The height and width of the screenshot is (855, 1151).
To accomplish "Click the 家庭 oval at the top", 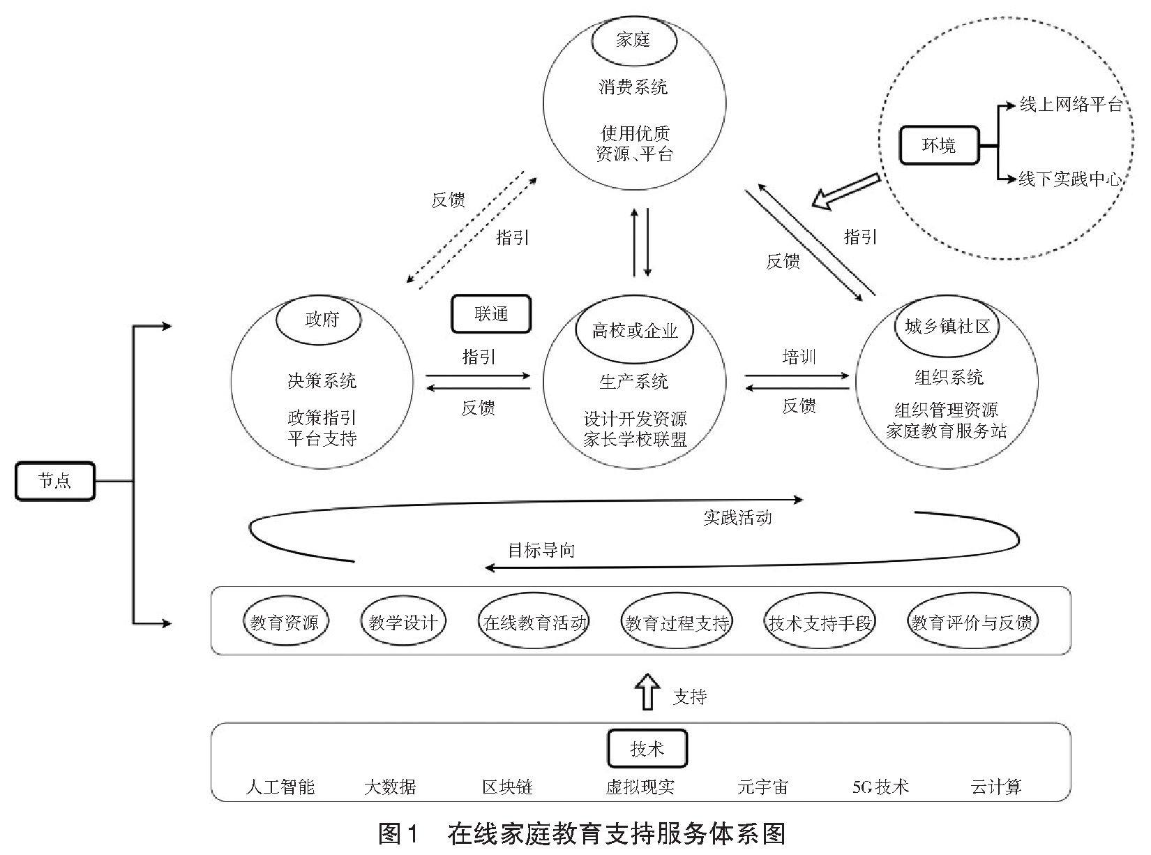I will [633, 40].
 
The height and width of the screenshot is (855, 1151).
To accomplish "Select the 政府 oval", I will [319, 320].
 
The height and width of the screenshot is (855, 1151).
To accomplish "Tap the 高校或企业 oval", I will [634, 330].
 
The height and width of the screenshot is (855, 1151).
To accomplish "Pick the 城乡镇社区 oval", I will [947, 326].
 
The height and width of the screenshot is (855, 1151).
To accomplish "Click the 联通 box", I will [491, 314].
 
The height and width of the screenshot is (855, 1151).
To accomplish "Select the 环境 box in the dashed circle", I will [939, 146].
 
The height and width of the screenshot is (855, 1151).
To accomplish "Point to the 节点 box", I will [55, 481].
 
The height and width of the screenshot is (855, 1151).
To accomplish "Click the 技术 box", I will [647, 749].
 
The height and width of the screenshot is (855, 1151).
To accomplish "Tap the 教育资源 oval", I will [285, 621].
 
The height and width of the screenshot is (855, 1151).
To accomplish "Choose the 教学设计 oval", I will [403, 621].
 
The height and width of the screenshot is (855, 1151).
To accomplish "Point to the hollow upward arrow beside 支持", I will [649, 691].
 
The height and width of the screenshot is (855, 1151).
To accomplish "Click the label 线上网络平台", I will [1071, 105].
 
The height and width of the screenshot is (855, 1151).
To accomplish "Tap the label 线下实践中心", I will [1071, 179].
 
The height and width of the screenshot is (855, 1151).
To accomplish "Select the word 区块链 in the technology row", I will [507, 787].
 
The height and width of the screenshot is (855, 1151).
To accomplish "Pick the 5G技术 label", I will [880, 787].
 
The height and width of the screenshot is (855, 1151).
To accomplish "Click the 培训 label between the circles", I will [799, 357].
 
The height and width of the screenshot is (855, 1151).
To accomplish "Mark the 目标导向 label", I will [541, 550].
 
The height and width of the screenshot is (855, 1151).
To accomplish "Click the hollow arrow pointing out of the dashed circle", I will [846, 192].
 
